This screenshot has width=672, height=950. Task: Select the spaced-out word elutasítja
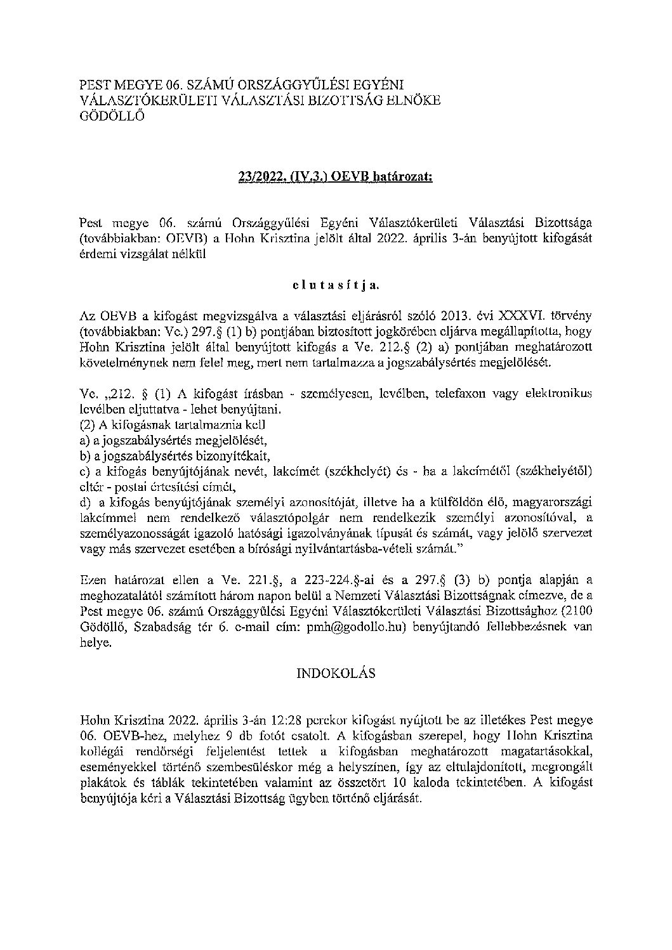tap(336, 285)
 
